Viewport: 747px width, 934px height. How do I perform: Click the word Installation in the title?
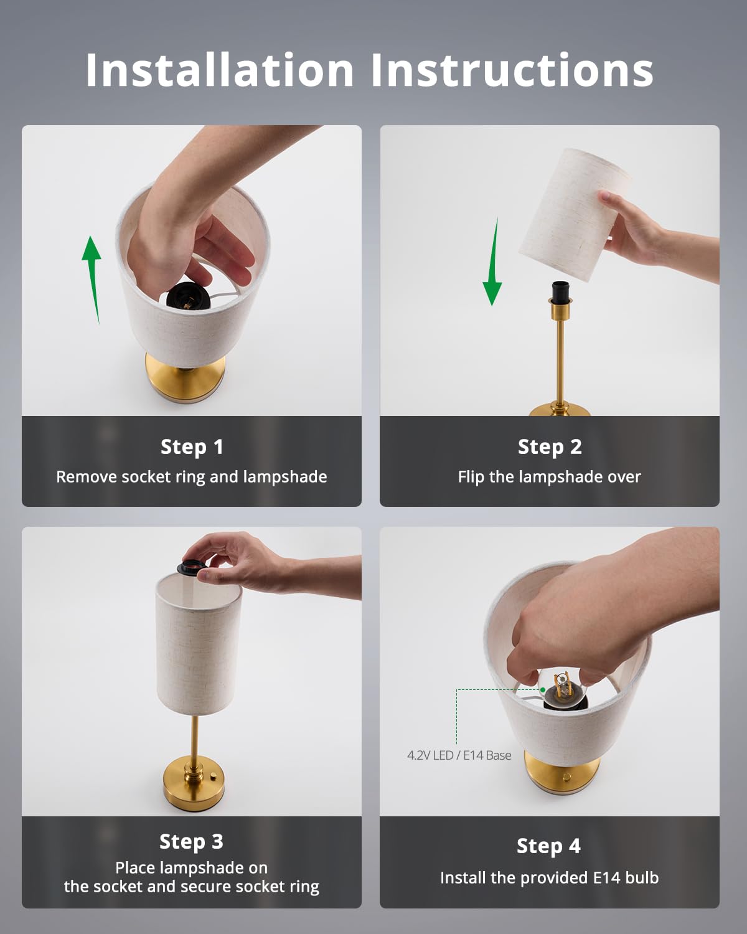coord(220,70)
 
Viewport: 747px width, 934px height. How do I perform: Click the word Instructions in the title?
coord(512,70)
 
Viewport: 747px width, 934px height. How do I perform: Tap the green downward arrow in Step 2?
coord(493,262)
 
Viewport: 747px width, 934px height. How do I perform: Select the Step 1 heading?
coord(192,448)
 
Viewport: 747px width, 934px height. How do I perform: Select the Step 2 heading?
coord(550,448)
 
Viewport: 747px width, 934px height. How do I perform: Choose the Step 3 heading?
coord(191,842)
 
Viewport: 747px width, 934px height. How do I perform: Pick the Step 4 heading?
coord(548,846)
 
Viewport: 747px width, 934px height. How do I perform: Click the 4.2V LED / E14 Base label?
coord(459,755)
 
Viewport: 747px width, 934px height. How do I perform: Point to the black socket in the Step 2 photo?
coord(560,292)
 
